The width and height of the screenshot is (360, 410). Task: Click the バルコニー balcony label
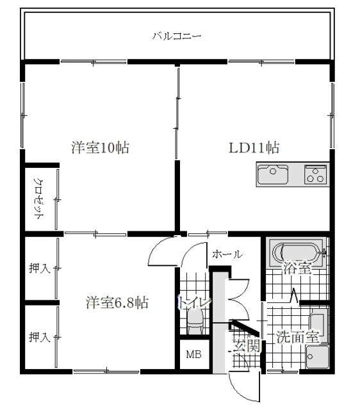tap(177, 36)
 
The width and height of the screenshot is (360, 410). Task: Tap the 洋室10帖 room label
tap(101, 148)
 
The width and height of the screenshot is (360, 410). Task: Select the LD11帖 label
tap(254, 148)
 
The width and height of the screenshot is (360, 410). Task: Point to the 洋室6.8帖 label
tap(117, 302)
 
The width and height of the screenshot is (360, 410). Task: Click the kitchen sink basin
tap(273, 174)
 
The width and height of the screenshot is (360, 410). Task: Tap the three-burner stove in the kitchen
tap(315, 174)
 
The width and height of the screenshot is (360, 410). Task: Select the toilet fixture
tap(195, 322)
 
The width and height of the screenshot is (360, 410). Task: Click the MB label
tap(193, 354)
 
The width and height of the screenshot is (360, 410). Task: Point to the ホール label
tap(227, 254)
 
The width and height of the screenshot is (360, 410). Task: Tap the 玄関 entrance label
tap(247, 346)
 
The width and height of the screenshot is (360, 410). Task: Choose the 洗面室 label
tap(298, 338)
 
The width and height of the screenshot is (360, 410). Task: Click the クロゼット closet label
tap(39, 199)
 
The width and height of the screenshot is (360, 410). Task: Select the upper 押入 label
tap(39, 268)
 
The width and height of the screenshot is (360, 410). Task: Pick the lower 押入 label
tap(39, 337)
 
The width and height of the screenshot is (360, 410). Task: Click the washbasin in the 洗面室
tap(318, 356)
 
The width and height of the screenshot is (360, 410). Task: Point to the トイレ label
tap(194, 302)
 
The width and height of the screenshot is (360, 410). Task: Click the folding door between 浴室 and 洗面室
tap(295, 296)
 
